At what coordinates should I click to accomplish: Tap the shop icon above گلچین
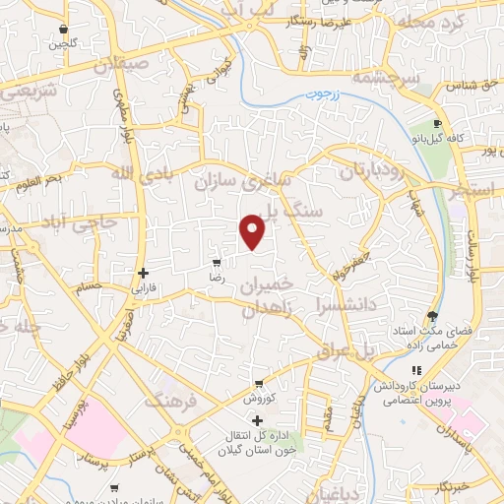point(64,30)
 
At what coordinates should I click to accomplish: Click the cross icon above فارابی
point(144,273)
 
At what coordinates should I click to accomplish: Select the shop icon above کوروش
point(259,384)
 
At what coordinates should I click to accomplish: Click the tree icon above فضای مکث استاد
point(433,316)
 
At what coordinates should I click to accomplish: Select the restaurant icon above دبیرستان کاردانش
point(416,370)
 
